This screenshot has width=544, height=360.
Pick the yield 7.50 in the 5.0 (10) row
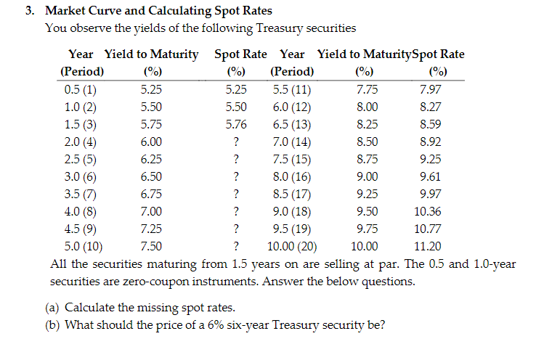(151, 246)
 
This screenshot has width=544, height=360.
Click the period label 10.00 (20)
(291, 246)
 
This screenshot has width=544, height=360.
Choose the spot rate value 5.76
(236, 125)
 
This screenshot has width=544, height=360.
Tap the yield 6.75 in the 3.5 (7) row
(151, 195)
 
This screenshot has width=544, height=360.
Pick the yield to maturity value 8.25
(367, 125)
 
